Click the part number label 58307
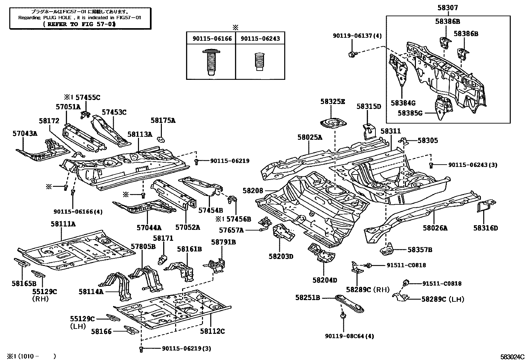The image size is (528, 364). pos(448,8)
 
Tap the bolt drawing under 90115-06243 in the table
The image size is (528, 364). pos(260,62)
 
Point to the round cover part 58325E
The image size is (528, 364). pos(332,124)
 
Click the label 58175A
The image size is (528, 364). pos(163,121)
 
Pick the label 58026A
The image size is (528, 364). pos(435,228)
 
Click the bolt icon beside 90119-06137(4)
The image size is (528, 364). pos(352,54)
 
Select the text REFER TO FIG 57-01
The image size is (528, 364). pos(80,24)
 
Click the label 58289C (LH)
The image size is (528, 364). pos(442,299)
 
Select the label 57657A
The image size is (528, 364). pos(231,230)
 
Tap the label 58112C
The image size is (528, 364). pos(212,331)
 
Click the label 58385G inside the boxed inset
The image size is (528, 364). pos(410,113)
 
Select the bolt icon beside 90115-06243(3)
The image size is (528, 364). pos(431,165)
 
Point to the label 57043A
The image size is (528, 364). pos(25,133)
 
